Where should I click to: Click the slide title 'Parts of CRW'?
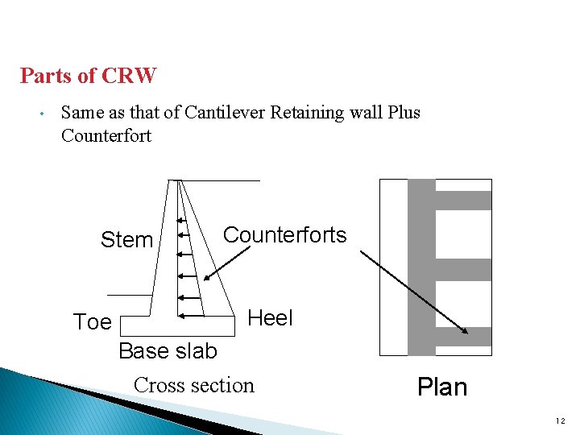point(88,77)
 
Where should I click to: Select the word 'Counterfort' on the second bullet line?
point(106,135)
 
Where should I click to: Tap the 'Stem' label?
point(126,240)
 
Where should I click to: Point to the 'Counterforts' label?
point(284,235)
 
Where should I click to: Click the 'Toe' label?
point(92,322)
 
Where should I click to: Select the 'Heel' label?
point(270,318)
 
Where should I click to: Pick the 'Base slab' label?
point(168,351)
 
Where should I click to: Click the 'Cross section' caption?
point(193,385)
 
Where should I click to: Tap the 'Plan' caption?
point(441,387)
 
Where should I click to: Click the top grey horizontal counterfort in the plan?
point(463,200)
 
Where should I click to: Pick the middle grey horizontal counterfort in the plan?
point(463,269)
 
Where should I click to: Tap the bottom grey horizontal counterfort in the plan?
point(463,336)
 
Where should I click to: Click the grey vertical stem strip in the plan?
point(421,267)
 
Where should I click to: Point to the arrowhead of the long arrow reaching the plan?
point(466,331)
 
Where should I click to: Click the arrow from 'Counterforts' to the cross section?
point(226,259)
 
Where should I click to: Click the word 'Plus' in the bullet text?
point(403,113)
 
